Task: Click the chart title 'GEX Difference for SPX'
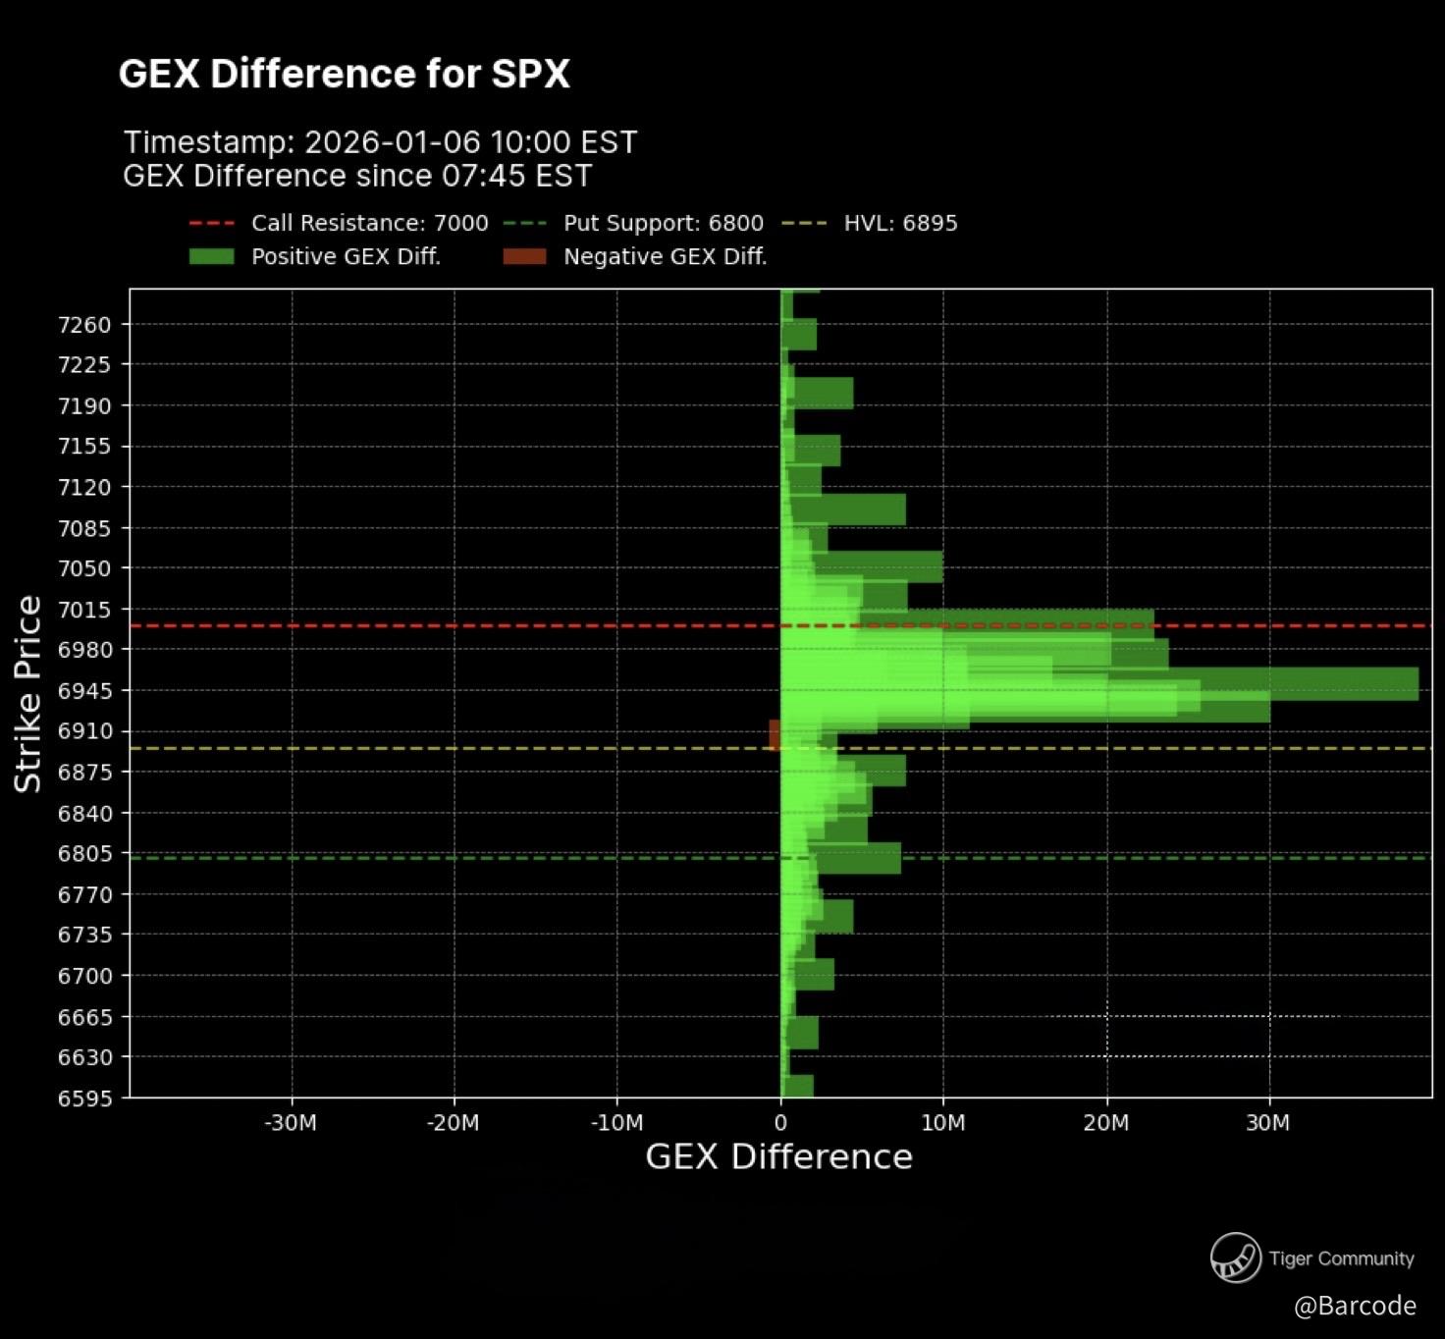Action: coord(344,74)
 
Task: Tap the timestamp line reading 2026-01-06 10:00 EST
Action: coord(380,142)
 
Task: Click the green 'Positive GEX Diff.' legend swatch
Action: coord(211,256)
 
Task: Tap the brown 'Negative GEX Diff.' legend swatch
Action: coord(524,256)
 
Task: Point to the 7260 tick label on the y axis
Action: coord(84,324)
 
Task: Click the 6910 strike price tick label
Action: coord(84,731)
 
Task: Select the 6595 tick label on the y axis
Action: coord(84,1098)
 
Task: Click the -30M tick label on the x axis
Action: coord(291,1123)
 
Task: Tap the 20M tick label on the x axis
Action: coord(1106,1123)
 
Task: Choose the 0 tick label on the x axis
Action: coord(780,1123)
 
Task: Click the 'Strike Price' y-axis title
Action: coord(27,693)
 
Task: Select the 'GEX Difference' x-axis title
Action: coord(778,1156)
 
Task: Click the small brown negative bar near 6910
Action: coord(775,734)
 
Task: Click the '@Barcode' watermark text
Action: coord(1355,1306)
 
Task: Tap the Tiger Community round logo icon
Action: coord(1235,1258)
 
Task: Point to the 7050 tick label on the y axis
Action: coord(84,568)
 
